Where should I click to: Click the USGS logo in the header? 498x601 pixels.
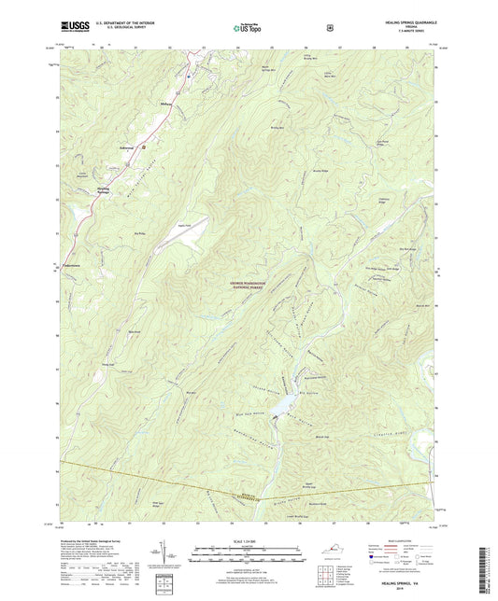[77, 28]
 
